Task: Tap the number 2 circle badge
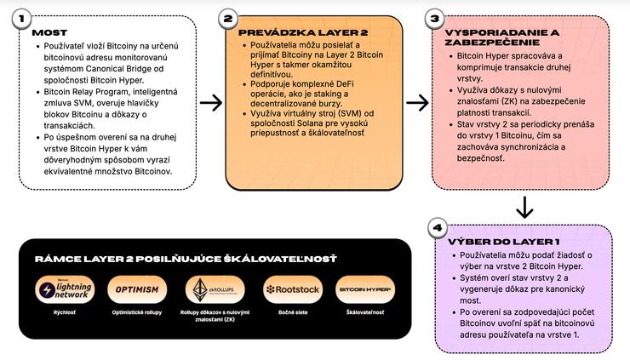click(227, 18)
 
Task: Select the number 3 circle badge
click(435, 18)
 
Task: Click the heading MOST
click(49, 33)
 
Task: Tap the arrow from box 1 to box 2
click(209, 102)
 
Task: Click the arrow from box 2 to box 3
click(417, 102)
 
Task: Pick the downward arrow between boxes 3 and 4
click(525, 207)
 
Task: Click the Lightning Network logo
click(66, 289)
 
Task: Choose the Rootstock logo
click(292, 289)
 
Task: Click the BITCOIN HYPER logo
click(365, 289)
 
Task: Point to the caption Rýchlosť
click(66, 313)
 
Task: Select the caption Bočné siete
click(292, 313)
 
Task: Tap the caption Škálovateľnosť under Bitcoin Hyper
click(365, 313)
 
